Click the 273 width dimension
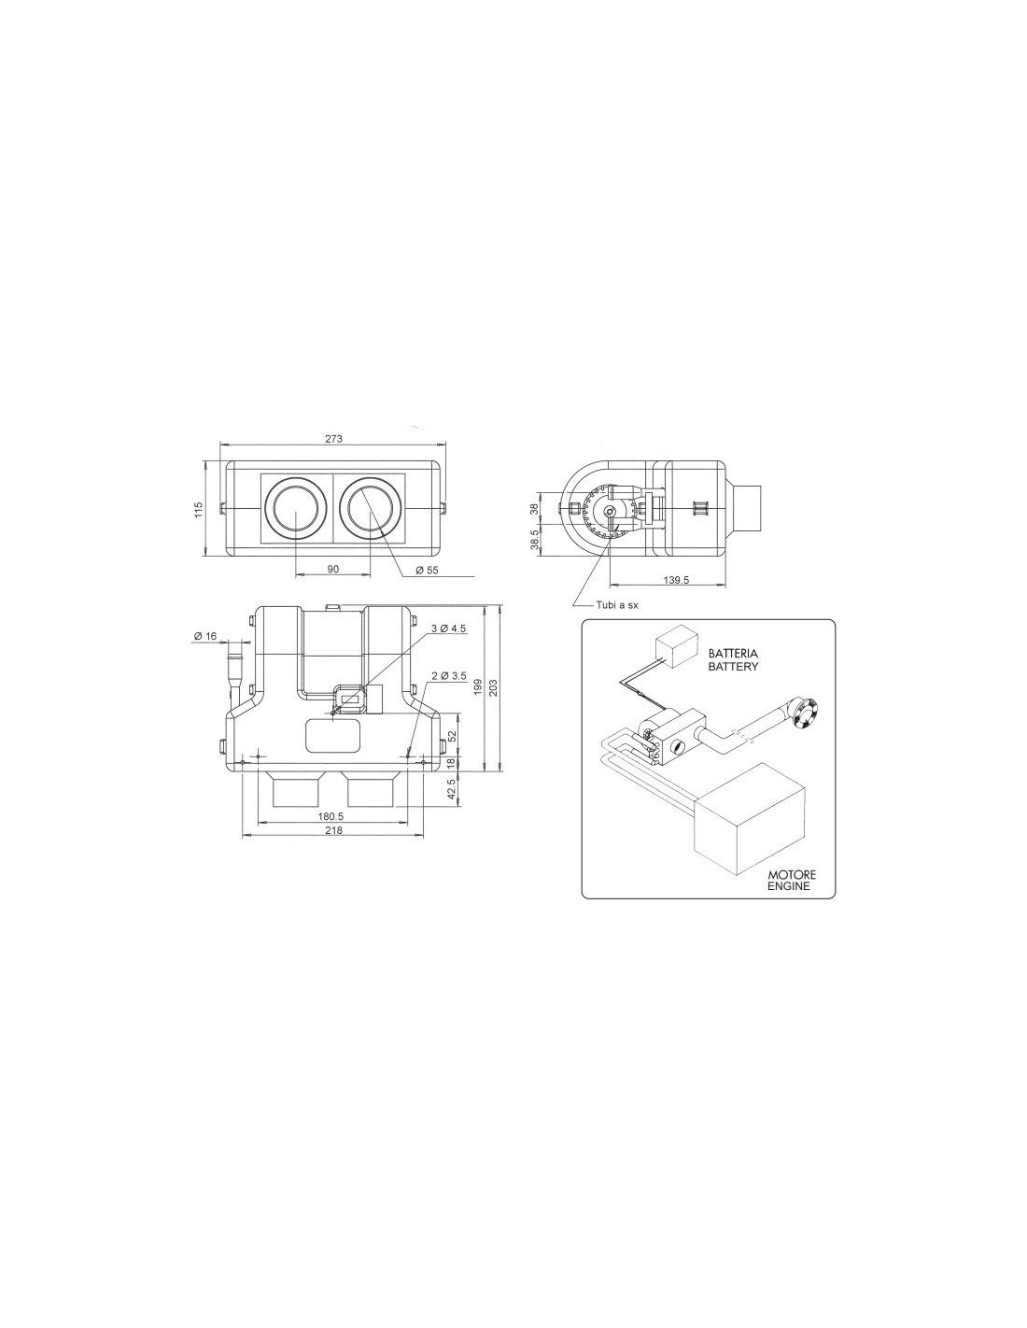click(333, 438)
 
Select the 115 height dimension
click(197, 509)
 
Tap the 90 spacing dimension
click(333, 569)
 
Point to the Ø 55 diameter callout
click(427, 570)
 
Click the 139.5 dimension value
click(676, 580)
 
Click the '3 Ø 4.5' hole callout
click(449, 629)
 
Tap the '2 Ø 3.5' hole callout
click(449, 676)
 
